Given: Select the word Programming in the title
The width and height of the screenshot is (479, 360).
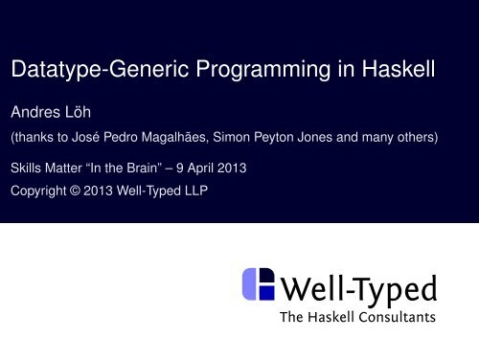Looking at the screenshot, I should (248, 71).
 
